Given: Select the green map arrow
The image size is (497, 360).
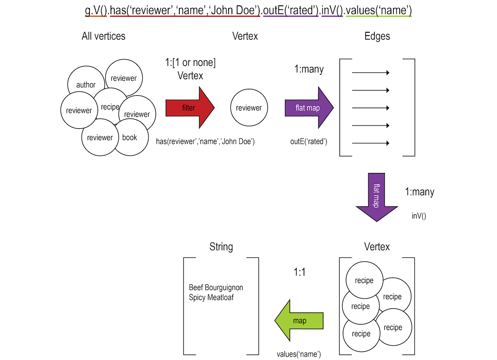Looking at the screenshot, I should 299,321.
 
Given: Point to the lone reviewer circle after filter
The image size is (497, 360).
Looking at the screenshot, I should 248,108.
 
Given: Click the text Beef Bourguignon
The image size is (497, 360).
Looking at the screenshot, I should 216,287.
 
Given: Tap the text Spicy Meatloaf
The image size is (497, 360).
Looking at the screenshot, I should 211,297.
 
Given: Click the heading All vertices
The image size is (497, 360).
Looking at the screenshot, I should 104,36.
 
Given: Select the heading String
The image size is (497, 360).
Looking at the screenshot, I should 221,247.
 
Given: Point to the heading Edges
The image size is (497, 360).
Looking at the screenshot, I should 377,36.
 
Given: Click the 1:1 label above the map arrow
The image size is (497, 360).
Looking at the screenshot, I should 299,273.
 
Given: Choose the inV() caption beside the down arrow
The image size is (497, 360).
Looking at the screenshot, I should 419,216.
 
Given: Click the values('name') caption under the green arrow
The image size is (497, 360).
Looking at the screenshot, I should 299,354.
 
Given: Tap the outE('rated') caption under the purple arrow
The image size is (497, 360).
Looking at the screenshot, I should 309,142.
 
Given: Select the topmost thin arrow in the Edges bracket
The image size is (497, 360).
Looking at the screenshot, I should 371,73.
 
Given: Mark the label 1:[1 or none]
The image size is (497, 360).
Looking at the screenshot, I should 190,63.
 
